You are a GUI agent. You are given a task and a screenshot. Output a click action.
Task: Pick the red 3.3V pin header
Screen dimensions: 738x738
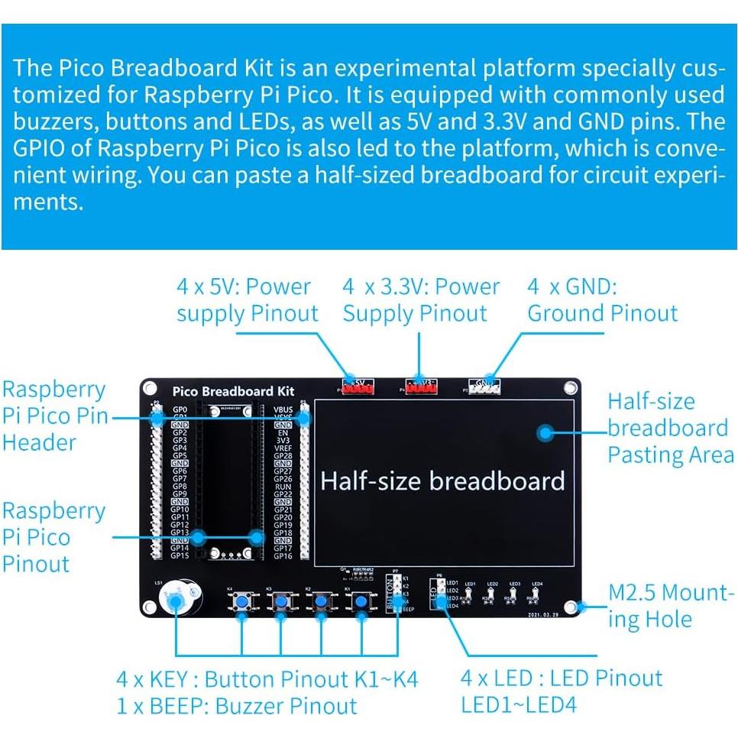coord(419,389)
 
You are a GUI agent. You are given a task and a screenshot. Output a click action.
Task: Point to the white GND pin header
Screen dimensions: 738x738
coord(484,388)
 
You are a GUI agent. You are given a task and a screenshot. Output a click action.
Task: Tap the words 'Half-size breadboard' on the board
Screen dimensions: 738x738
coord(442,481)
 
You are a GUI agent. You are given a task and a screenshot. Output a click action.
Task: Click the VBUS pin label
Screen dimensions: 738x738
coord(283,409)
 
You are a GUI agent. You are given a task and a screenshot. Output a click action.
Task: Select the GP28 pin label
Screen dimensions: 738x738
coord(283,456)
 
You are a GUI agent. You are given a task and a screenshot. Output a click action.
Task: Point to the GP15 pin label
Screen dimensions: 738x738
coord(180,556)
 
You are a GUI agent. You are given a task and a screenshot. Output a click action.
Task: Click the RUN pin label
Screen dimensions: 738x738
coord(283,487)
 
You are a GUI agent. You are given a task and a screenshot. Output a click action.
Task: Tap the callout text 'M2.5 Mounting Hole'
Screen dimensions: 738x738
coord(671,605)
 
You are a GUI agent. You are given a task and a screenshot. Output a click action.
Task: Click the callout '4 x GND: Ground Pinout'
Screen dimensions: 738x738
coord(602,300)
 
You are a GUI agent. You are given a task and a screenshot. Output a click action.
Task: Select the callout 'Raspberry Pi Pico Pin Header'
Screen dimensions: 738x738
coord(53,416)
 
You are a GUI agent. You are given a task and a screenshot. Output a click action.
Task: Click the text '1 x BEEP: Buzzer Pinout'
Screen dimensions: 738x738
coord(236,705)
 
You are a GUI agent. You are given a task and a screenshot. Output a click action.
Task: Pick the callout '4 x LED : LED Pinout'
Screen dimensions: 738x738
coord(561,678)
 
